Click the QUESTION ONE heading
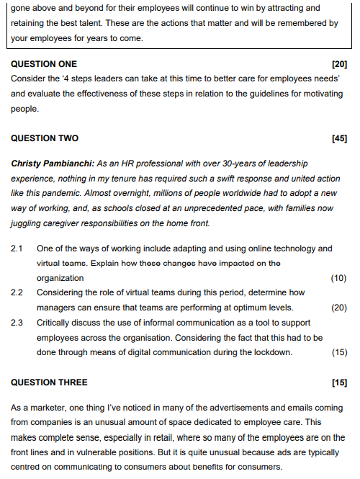tap(44, 64)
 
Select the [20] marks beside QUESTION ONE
tap(339, 64)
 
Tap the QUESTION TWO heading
tap(45, 138)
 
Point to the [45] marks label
tap(339, 138)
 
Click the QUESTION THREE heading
tap(49, 382)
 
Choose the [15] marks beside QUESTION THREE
tap(339, 382)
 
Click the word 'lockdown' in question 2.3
tap(270, 352)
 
